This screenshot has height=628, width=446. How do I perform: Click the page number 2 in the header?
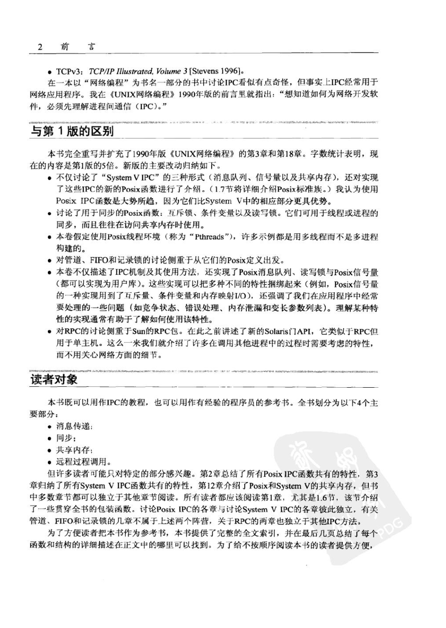click(40, 46)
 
